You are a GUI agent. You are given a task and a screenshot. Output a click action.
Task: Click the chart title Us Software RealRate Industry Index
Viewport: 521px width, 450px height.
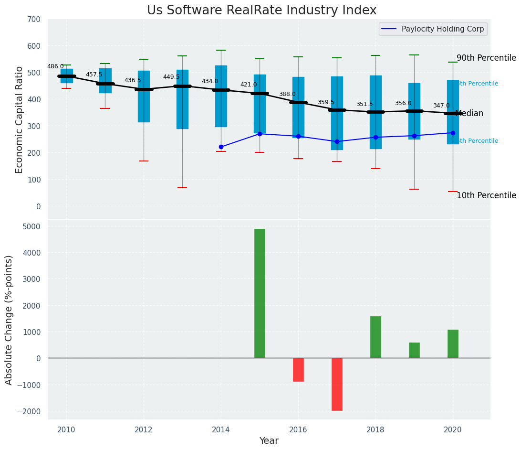[261, 11]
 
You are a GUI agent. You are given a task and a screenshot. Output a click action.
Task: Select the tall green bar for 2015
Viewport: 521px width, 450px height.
[260, 293]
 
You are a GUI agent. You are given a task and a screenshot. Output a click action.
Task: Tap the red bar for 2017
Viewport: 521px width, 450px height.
[337, 384]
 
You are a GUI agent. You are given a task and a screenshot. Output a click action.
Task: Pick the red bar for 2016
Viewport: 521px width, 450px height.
[298, 370]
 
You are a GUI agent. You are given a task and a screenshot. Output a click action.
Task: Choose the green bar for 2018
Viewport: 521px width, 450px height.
[375, 337]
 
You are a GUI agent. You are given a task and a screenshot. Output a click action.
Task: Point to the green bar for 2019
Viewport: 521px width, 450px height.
[414, 350]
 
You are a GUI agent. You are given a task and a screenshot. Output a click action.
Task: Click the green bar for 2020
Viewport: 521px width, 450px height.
[453, 344]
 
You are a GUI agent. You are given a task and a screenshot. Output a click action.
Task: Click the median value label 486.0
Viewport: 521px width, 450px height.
[55, 66]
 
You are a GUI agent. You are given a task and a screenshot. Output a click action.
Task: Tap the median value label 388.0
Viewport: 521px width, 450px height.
[287, 94]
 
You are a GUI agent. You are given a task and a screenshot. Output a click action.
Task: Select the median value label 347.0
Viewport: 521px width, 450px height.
[441, 106]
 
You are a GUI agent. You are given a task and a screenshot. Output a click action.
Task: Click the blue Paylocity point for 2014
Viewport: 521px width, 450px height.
[221, 147]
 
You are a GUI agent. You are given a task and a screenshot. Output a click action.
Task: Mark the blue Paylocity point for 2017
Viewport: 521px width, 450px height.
[337, 141]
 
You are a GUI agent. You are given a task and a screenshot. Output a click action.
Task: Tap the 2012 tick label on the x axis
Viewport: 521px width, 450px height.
[144, 429]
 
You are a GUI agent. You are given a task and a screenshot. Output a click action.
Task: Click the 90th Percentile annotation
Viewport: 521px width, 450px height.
[486, 58]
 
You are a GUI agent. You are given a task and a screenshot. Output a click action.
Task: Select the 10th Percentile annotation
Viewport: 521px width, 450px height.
[486, 195]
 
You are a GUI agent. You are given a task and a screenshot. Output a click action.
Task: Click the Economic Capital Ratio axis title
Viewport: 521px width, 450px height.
[20, 119]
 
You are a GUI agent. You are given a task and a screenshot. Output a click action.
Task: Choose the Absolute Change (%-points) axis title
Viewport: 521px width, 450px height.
[9, 320]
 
